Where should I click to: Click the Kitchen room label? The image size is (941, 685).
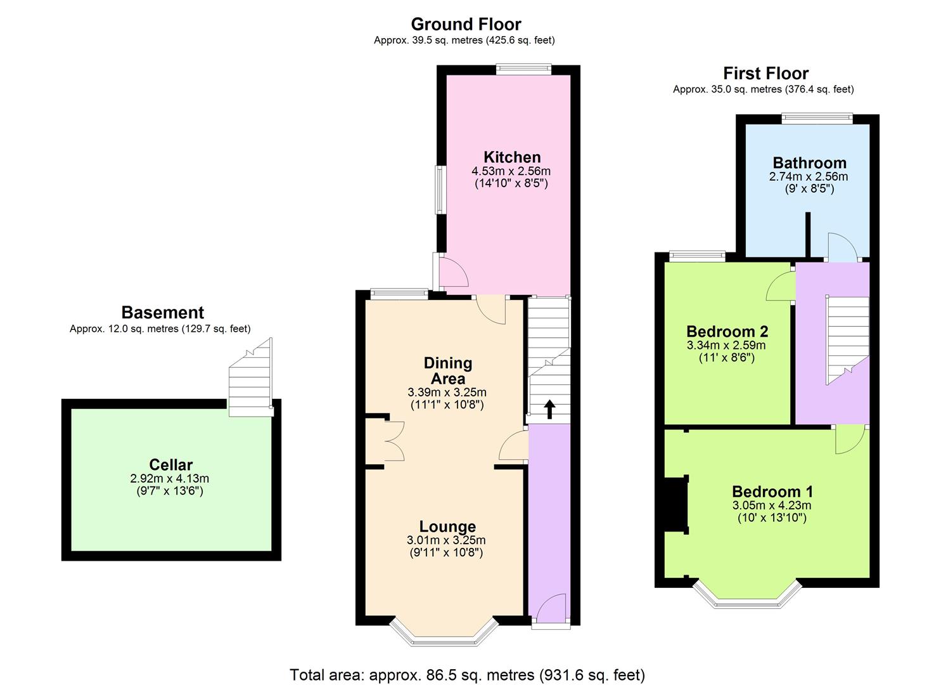tap(512, 157)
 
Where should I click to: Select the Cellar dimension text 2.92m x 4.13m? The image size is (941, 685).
tap(170, 478)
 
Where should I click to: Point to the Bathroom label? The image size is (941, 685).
tap(809, 163)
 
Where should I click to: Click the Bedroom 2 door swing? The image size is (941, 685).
tap(781, 286)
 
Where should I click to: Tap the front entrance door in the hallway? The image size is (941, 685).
tap(551, 608)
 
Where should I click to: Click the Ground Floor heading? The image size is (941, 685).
tap(466, 24)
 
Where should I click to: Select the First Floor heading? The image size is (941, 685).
tap(766, 74)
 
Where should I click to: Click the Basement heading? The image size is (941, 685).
tap(163, 313)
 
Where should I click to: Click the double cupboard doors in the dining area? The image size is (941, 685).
tap(394, 441)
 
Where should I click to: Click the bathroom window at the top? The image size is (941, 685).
tap(817, 119)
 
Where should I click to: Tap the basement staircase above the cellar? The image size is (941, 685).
tap(251, 377)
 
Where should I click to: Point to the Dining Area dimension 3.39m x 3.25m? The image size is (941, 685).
tap(447, 393)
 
